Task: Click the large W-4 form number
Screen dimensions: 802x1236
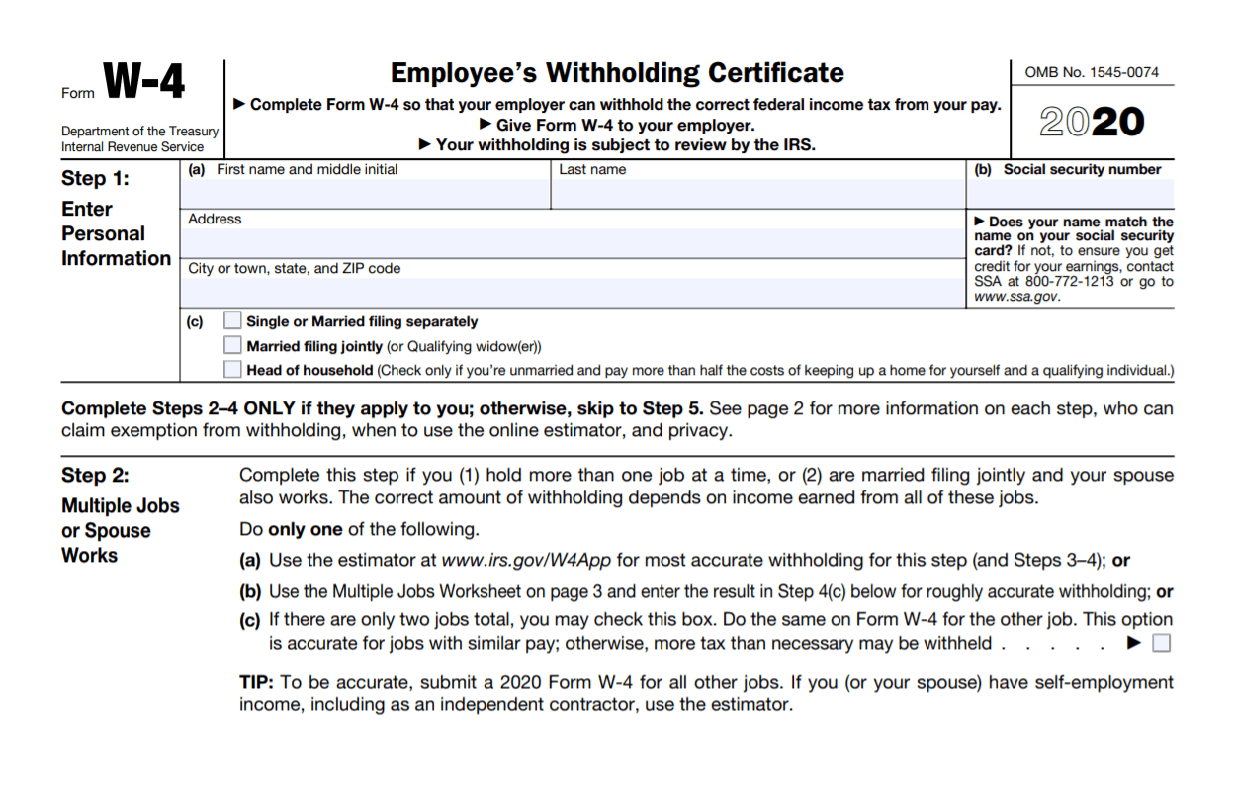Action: point(143,81)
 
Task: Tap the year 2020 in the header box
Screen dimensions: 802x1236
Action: point(1092,122)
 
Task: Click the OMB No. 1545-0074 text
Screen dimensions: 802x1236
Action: point(1092,72)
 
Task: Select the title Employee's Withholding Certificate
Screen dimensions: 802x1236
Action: point(617,73)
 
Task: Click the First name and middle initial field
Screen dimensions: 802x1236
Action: point(366,194)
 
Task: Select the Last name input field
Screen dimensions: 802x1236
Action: point(757,194)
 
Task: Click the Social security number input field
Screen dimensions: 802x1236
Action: point(1070,194)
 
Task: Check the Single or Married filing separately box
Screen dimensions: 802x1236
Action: point(232,320)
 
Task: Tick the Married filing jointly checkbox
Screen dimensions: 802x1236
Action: point(232,345)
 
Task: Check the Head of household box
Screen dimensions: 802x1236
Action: point(232,370)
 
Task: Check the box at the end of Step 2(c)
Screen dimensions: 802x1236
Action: point(1162,644)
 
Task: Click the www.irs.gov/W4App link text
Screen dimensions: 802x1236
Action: point(526,561)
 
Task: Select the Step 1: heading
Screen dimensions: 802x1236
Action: point(95,179)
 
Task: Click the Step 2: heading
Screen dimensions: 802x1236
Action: point(95,475)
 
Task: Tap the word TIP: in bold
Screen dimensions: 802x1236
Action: point(257,683)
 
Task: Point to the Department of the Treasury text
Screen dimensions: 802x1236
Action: point(139,132)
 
